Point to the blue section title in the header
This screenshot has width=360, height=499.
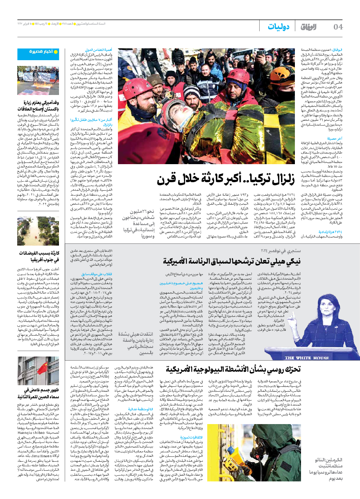[279, 27]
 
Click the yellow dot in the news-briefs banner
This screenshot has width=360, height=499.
[56, 52]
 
